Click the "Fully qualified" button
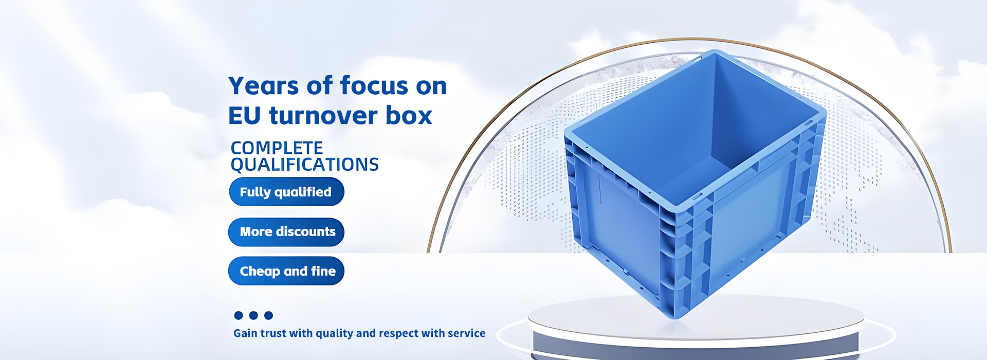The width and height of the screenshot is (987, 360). pos(286,191)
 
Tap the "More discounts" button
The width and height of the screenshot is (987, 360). pos(286,232)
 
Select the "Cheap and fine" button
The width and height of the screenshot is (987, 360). pos(286,271)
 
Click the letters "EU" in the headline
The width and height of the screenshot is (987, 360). pos(245,116)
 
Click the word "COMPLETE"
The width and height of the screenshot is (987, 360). pos(277,148)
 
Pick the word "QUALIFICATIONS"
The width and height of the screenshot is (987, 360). pos(305,165)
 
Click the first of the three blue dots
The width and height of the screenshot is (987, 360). pos(239,315)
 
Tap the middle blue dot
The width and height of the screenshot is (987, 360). pos(253,315)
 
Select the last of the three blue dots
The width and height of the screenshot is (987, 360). pos(268,315)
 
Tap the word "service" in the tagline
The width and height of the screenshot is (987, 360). pos(466,333)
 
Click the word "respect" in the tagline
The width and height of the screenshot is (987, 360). pos(398,334)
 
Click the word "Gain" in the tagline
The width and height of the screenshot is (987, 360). pos(245,333)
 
